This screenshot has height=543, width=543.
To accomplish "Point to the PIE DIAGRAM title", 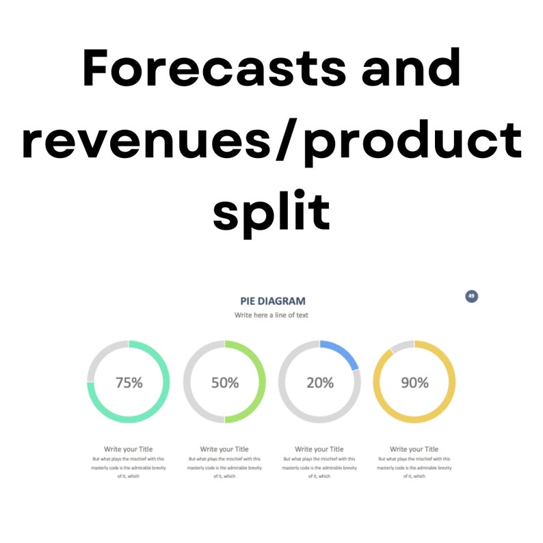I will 273,301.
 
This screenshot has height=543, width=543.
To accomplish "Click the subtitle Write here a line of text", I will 273,315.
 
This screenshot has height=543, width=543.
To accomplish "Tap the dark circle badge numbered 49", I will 471,296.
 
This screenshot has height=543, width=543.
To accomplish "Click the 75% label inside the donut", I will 129,383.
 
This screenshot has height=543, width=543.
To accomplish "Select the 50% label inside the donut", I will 224,383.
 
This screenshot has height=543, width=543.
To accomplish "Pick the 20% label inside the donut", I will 319,383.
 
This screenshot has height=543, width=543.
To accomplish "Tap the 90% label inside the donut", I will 414,383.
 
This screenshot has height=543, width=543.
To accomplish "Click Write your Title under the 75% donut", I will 129,449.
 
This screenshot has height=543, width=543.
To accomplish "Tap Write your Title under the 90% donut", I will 414,449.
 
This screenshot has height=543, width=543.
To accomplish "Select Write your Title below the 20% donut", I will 319,449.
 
